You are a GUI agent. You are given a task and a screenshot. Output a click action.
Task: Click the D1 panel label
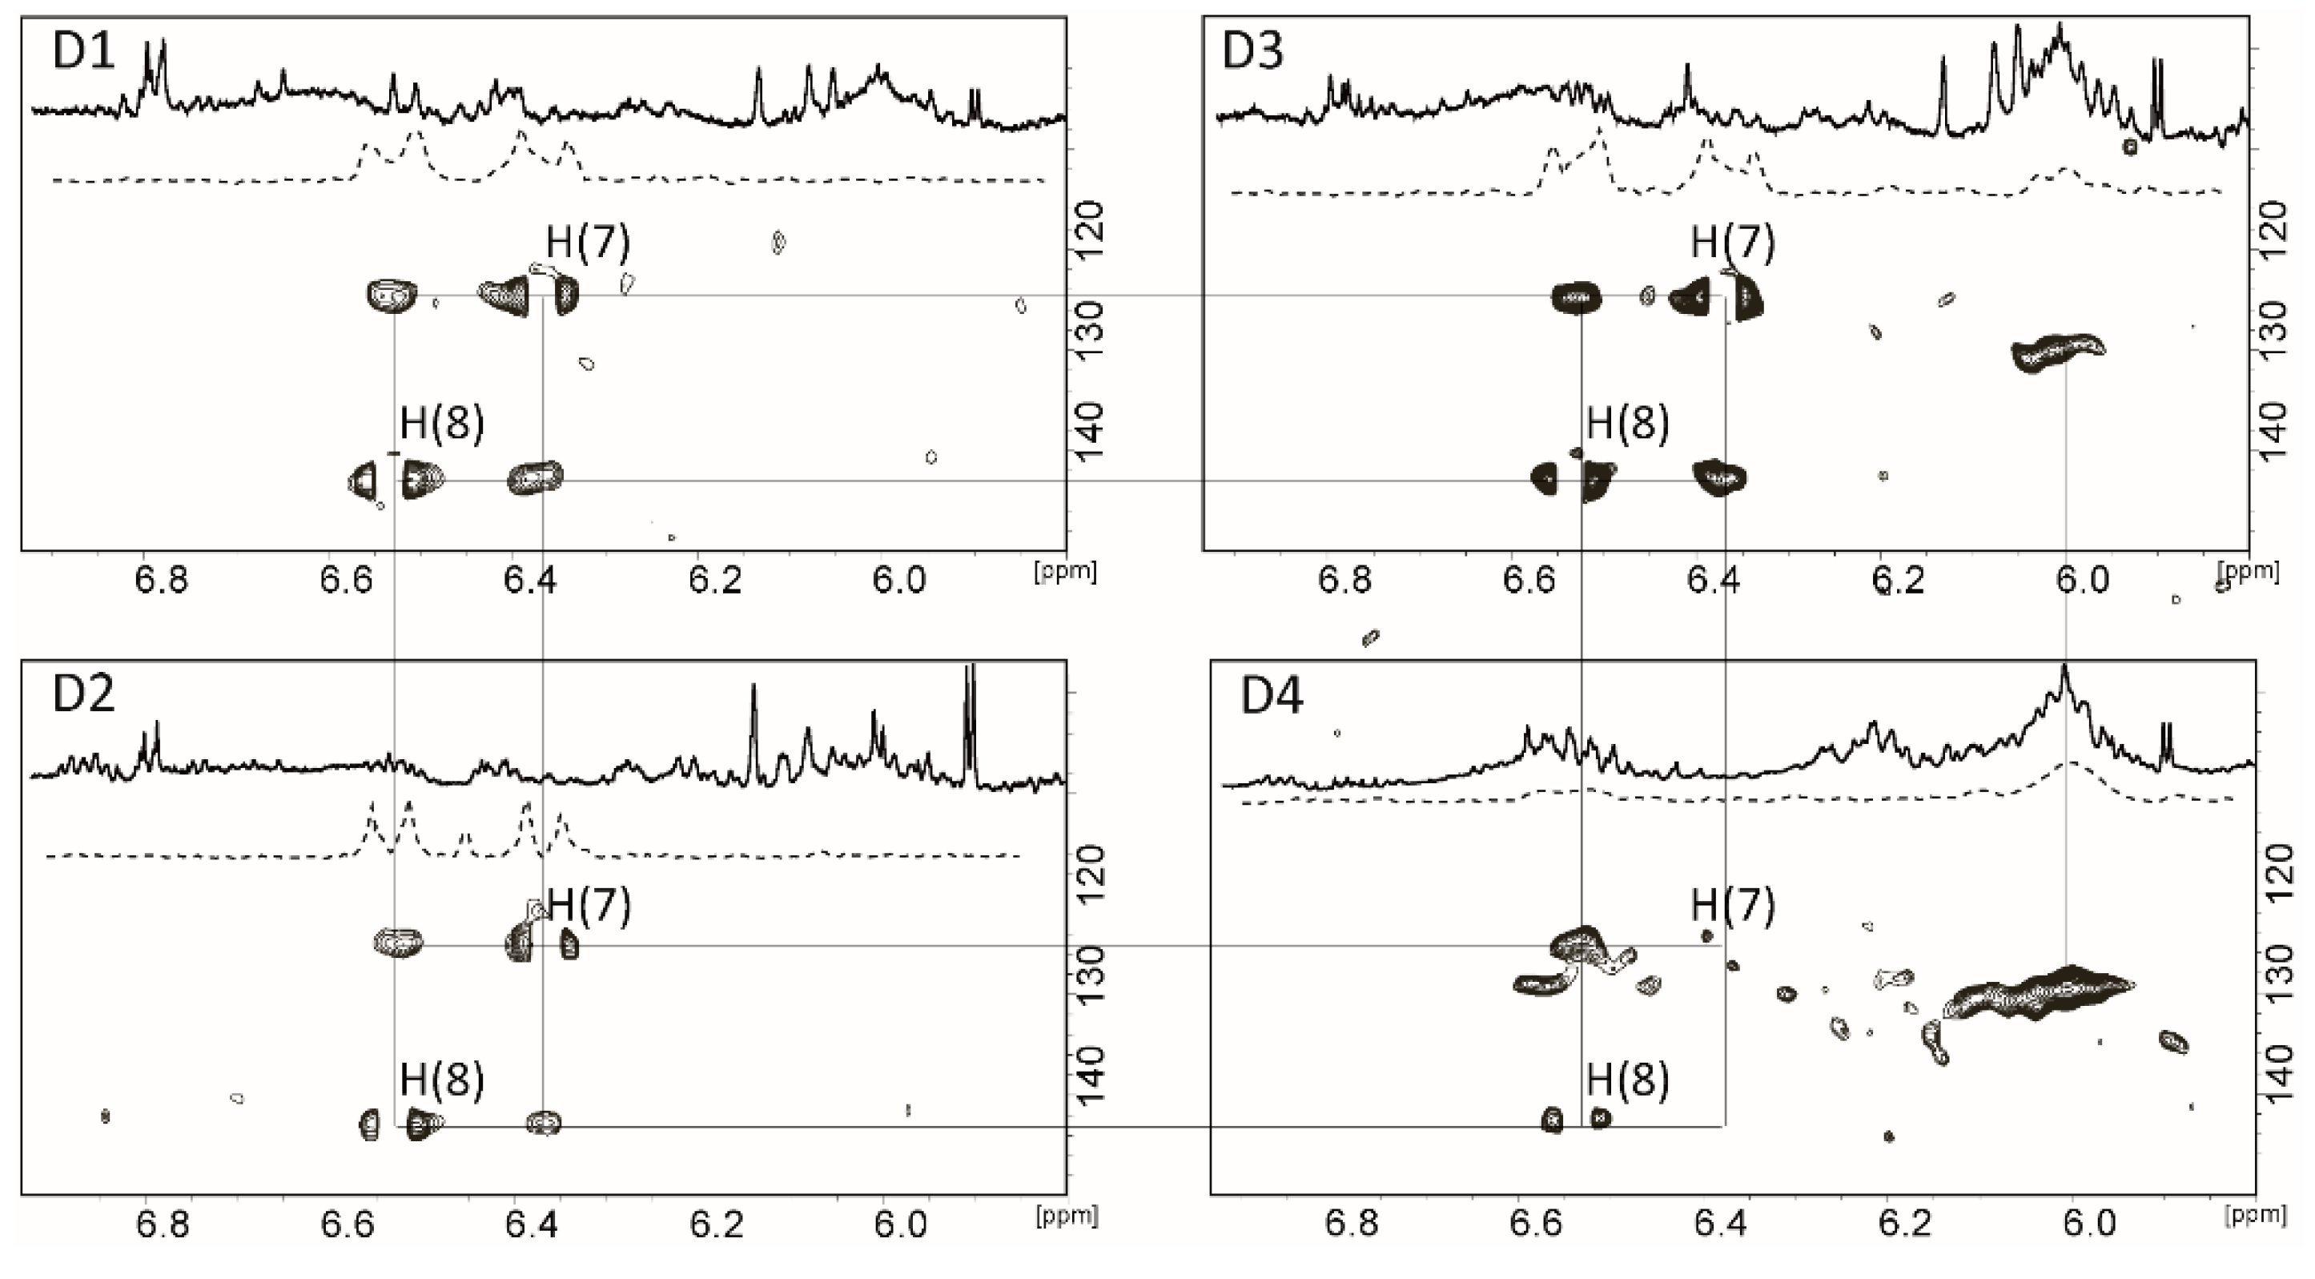coord(83,51)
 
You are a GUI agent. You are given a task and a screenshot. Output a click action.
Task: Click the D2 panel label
coord(83,694)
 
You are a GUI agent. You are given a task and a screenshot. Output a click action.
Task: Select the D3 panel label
coord(1252,51)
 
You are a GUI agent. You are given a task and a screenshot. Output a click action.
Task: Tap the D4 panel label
coord(1271,696)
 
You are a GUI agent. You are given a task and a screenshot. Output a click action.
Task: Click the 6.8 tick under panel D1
coord(162,581)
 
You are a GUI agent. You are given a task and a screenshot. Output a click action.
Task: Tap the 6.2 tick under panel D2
coord(716,1225)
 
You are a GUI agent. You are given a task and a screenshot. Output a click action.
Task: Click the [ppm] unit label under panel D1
coord(1066,572)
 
